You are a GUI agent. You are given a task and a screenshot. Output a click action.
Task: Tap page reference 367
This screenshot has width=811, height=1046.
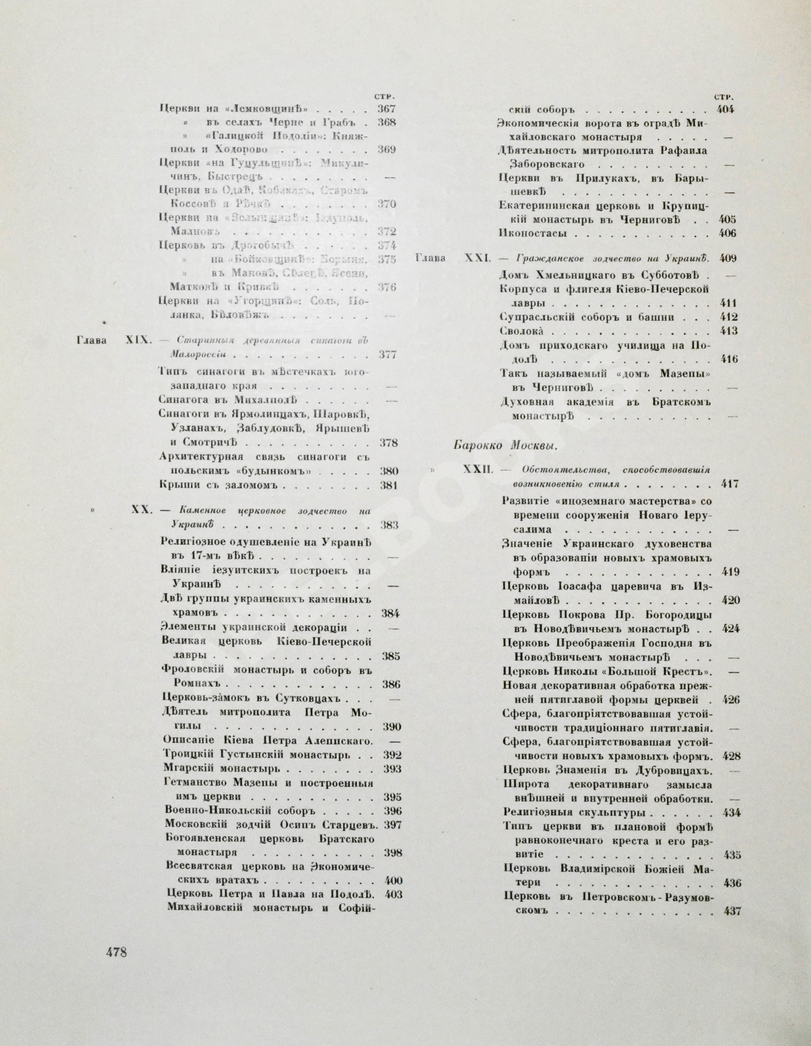click(x=387, y=108)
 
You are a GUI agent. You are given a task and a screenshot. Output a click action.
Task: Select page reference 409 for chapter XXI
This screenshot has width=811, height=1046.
click(x=728, y=259)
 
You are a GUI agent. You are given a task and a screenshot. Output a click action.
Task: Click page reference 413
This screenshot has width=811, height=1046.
click(x=728, y=331)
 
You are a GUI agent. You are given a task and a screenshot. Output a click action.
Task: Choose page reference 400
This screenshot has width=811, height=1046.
click(x=392, y=880)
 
